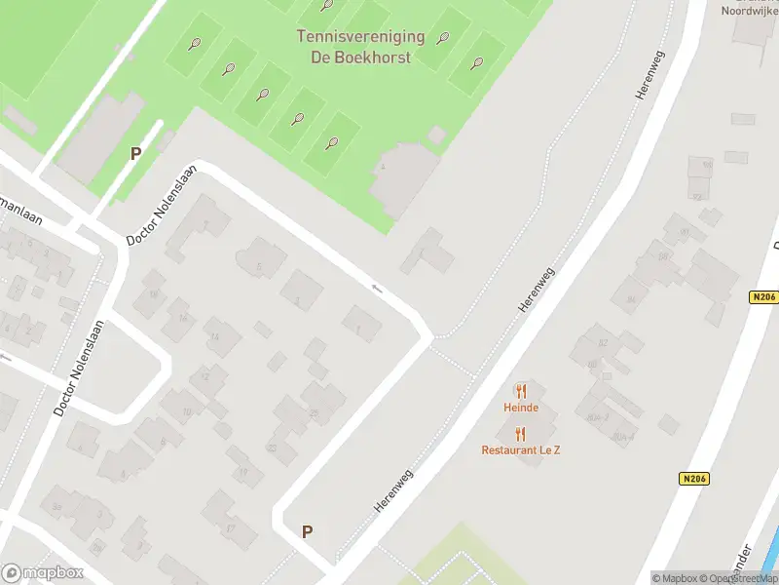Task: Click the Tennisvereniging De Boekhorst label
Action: (359, 47)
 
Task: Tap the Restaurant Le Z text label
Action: (521, 449)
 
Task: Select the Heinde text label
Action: (521, 407)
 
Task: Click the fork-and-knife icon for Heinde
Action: (521, 392)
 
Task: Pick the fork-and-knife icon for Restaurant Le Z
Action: (521, 434)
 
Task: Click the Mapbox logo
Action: (43, 573)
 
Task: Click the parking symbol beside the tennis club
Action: (135, 153)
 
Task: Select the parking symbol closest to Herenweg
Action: (307, 531)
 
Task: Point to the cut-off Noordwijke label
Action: (749, 11)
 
